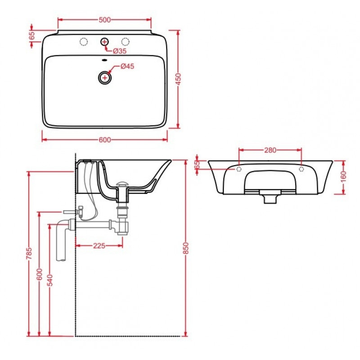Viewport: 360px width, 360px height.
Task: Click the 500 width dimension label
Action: click(105, 20)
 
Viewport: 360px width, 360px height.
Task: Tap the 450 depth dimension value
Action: click(178, 79)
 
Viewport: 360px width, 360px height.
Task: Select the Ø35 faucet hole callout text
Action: click(120, 51)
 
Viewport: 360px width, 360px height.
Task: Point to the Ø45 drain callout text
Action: click(127, 66)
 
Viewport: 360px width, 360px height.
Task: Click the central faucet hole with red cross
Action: click(104, 42)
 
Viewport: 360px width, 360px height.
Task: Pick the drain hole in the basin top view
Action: click(105, 77)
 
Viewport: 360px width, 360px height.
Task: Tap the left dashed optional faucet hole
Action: click(84, 41)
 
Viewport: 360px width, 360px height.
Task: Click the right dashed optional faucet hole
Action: click(126, 41)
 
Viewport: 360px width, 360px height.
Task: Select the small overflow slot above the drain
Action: click(104, 60)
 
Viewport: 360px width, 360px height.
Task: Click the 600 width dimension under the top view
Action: click(105, 140)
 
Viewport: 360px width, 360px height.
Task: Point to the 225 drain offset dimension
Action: click(99, 246)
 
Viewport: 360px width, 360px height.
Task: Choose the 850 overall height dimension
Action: click(186, 248)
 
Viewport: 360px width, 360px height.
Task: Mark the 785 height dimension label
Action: click(29, 253)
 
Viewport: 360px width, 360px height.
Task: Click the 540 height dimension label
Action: click(50, 280)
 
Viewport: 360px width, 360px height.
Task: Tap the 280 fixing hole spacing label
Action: click(270, 150)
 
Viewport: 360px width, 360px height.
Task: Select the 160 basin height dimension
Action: click(343, 177)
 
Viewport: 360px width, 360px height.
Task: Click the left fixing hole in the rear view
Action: click(239, 169)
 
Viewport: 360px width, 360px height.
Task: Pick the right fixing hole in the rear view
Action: click(301, 169)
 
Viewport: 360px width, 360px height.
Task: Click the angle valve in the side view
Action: click(81, 211)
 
